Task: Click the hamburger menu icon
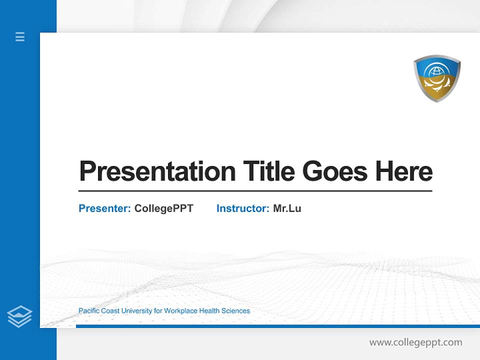point(20,36)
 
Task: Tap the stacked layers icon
point(19,316)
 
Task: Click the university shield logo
point(436,78)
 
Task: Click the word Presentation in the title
point(157,171)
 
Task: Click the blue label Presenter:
point(104,208)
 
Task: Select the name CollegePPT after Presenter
point(163,208)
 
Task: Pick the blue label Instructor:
point(242,208)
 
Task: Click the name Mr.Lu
point(287,208)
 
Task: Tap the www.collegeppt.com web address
point(415,342)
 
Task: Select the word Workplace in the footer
point(180,311)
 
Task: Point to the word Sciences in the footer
point(236,311)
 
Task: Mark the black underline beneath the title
point(255,190)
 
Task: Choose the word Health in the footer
point(210,311)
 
